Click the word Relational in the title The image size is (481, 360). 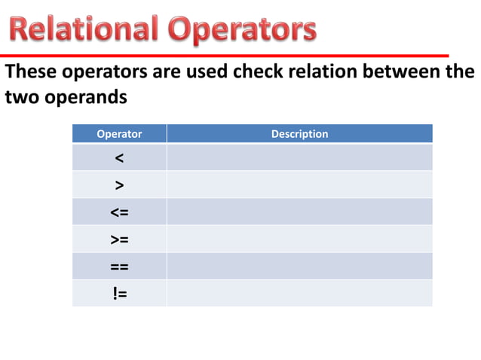pos(84,30)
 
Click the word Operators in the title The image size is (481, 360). pos(242,30)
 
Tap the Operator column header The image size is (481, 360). pos(119,134)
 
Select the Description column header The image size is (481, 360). pos(299,134)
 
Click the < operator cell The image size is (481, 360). pos(119,158)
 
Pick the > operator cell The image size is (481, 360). pos(119,185)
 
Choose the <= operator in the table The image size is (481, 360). pos(119,212)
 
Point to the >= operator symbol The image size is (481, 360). pos(119,239)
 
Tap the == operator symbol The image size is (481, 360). pos(119,267)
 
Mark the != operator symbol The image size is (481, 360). pos(119,294)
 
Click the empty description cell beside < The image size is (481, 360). pos(299,158)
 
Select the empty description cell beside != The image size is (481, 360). pos(299,294)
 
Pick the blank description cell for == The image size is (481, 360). pos(299,267)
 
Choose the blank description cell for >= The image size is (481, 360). pos(299,239)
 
